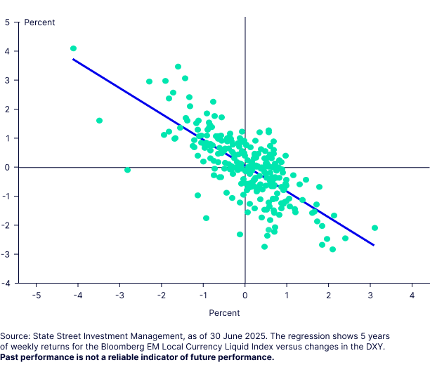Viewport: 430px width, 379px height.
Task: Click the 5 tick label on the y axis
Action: click(x=7, y=22)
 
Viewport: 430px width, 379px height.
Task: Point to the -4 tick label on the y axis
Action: click(x=6, y=283)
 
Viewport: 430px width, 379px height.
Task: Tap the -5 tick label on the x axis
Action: click(x=35, y=295)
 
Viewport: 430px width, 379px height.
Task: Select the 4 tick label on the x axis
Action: click(x=411, y=295)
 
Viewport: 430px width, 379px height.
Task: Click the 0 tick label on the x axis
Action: click(x=245, y=295)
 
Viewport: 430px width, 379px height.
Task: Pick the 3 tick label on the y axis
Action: click(x=7, y=80)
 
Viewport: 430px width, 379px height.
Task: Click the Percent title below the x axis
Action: click(x=224, y=312)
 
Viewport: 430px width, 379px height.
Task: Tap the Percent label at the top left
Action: click(x=39, y=22)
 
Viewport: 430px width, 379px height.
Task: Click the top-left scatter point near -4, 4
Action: click(x=73, y=48)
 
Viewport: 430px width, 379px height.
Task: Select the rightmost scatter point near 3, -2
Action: click(x=374, y=227)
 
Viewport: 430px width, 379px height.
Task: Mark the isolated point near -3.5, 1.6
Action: click(x=99, y=121)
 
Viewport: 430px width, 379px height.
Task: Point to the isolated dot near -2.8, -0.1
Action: click(x=127, y=170)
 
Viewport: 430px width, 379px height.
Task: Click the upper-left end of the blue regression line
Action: click(x=74, y=60)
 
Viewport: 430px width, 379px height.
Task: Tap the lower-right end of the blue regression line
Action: click(x=373, y=245)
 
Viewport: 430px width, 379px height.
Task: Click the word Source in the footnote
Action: click(x=16, y=335)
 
